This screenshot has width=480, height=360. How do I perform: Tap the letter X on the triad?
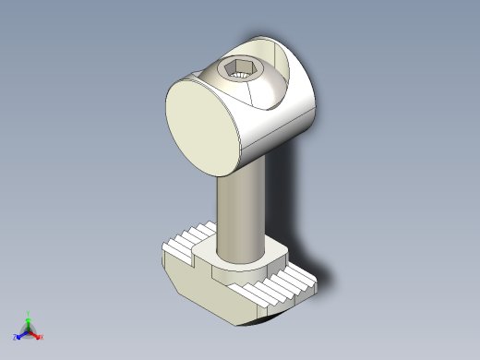(42, 337)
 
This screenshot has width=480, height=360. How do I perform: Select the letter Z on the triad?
(15, 337)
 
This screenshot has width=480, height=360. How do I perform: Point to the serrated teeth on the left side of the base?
(189, 242)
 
